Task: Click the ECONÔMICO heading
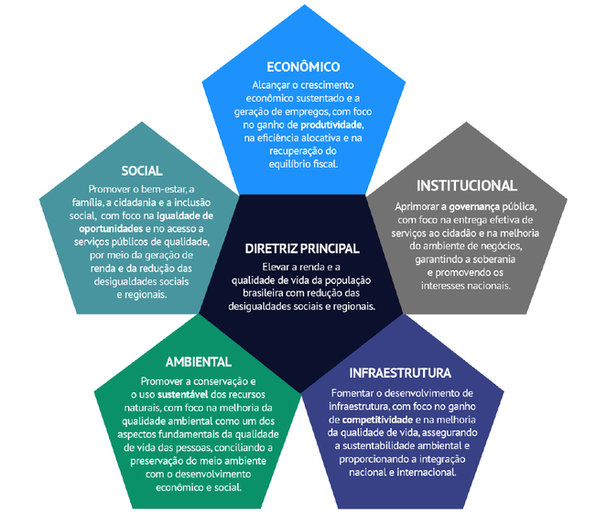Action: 303,67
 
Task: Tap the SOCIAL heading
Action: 142,170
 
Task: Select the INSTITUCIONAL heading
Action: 467,186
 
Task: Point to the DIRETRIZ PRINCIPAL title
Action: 302,248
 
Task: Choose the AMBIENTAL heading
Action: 198,362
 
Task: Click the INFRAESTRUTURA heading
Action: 400,374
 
